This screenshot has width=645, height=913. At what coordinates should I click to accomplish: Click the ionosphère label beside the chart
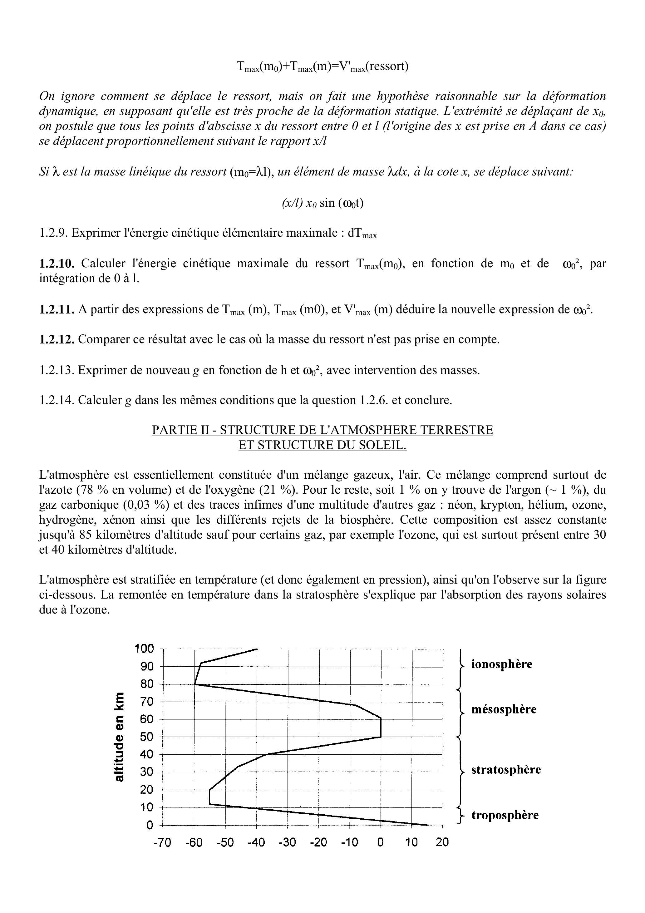[501, 664]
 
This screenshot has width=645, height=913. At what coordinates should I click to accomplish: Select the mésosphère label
[504, 709]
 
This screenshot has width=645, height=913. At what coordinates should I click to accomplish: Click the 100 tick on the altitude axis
[144, 649]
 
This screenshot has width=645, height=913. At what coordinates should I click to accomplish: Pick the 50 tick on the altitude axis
[147, 737]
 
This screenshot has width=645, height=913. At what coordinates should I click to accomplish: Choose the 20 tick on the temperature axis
[442, 843]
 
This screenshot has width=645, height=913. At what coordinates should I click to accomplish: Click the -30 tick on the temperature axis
[287, 843]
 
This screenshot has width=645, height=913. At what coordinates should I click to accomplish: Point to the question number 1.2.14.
[57, 400]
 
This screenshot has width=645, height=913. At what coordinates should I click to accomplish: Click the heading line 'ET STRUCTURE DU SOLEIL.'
[322, 445]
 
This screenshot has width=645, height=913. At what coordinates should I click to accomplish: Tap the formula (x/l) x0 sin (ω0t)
[322, 203]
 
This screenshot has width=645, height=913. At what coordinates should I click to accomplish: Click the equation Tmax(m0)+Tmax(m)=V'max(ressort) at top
[322, 66]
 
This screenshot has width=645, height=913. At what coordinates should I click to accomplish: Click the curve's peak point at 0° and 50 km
[381, 737]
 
